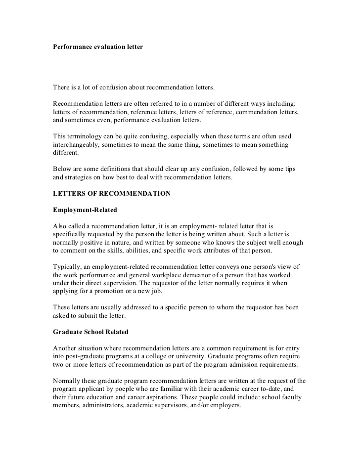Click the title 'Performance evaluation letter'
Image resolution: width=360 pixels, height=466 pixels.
pyautogui.click(x=98, y=47)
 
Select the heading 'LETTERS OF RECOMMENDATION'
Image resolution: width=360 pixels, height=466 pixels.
pyautogui.click(x=112, y=194)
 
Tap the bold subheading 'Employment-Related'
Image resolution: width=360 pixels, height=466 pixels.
pyautogui.click(x=85, y=210)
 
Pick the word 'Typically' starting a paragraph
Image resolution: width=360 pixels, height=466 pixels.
pyautogui.click(x=67, y=267)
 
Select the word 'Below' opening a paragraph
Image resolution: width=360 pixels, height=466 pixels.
pyautogui.click(x=62, y=169)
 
